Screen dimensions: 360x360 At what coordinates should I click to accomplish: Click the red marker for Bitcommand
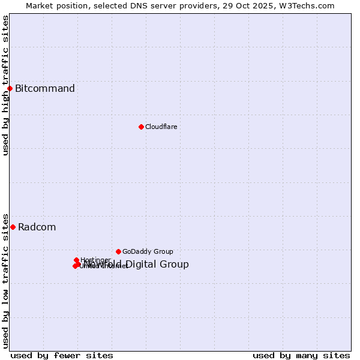[10, 89]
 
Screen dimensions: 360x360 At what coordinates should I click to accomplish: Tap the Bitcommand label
[45, 89]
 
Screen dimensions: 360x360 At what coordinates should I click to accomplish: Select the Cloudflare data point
[141, 127]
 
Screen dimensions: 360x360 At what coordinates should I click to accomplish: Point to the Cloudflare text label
[161, 127]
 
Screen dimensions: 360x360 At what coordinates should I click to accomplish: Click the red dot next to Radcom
[13, 227]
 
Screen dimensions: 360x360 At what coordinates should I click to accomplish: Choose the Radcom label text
[37, 227]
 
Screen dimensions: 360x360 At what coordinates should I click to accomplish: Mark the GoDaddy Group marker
[118, 251]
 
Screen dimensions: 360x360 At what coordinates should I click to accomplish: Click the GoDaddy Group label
[148, 251]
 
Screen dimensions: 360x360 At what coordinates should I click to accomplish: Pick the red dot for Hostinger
[76, 260]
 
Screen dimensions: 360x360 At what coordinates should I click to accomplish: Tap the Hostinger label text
[95, 260]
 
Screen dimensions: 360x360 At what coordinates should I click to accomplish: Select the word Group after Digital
[175, 265]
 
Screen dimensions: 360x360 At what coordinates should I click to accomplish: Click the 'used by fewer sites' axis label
[62, 355]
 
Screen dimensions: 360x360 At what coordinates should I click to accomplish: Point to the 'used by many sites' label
[301, 355]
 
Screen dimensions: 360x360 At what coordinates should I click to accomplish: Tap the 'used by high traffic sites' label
[5, 85]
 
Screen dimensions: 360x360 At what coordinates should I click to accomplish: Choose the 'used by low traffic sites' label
[5, 280]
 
